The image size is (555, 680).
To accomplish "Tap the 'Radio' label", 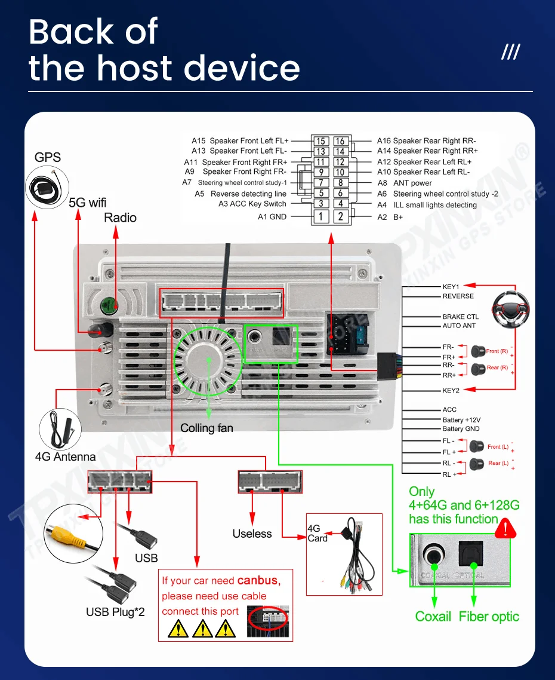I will (x=120, y=218).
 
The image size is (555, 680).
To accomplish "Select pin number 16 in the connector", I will (x=340, y=142).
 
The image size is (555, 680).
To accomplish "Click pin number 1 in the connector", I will (x=321, y=216).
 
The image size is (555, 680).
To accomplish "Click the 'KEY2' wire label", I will (x=451, y=390).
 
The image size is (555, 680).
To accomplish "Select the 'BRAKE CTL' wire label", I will (x=460, y=317).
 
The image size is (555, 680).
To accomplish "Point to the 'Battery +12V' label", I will (x=461, y=419).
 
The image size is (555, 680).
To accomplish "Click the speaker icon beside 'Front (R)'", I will (x=477, y=351).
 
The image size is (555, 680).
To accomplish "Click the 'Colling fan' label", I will (x=206, y=428).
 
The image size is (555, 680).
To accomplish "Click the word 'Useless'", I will (x=252, y=534).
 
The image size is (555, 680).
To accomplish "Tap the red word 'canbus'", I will (x=258, y=580).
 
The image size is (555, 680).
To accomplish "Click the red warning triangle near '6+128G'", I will (x=506, y=528).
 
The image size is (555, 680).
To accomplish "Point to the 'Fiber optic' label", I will (x=489, y=617).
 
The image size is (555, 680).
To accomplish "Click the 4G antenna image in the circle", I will (x=61, y=428).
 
